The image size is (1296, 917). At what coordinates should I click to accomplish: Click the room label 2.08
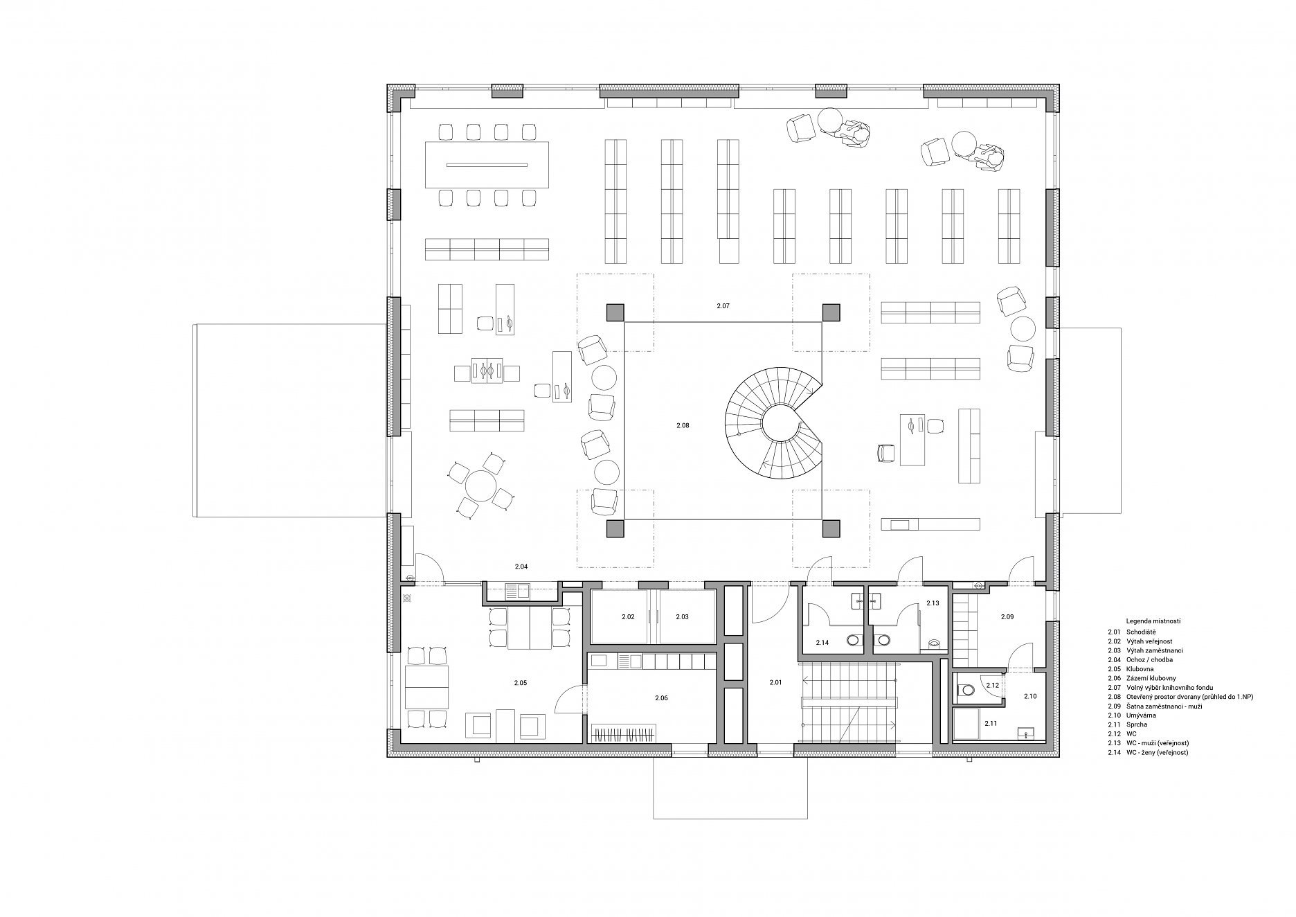(x=683, y=425)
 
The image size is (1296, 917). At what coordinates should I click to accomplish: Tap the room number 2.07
(x=723, y=305)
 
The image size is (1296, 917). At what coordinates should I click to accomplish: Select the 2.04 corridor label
(x=521, y=567)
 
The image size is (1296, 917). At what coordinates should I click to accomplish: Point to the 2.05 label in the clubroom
(x=521, y=683)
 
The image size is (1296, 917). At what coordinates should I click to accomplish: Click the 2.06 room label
(x=661, y=698)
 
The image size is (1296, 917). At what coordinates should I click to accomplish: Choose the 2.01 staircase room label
(x=775, y=683)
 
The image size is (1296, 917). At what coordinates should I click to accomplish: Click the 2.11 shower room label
(x=991, y=723)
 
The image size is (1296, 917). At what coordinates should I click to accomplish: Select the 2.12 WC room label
(x=992, y=685)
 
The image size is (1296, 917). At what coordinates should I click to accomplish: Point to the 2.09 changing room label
(x=1007, y=616)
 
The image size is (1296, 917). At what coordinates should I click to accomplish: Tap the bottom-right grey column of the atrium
(x=831, y=528)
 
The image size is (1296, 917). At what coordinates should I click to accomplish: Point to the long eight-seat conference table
(x=487, y=165)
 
